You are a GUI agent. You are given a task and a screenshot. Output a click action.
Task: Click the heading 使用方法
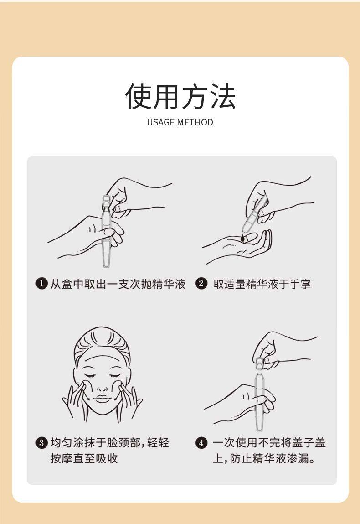tap(180, 96)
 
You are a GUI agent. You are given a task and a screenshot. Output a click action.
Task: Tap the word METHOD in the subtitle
tap(195, 122)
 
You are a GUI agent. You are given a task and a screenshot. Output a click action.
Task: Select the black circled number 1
tap(41, 284)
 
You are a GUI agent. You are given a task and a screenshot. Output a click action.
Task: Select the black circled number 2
tap(201, 284)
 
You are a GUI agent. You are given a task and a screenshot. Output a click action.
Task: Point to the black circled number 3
tap(41, 443)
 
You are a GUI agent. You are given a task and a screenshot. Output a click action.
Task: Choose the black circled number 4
tap(201, 443)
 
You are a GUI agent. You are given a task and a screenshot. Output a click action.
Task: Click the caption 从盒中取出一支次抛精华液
tap(118, 284)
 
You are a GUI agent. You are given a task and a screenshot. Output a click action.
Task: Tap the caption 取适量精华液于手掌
tap(262, 284)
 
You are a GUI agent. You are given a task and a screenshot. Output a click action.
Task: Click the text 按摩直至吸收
tap(84, 458)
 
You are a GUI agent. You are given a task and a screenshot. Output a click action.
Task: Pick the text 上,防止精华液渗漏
tap(264, 458)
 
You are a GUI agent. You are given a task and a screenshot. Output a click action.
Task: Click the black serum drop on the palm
tap(242, 238)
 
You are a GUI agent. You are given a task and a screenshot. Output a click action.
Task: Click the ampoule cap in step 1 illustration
tap(107, 202)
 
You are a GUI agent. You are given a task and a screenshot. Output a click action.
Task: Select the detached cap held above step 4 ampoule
tap(260, 363)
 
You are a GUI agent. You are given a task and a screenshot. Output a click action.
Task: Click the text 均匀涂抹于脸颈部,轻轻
tap(110, 443)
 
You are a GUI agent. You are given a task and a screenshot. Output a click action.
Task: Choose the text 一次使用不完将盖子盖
tap(269, 443)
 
